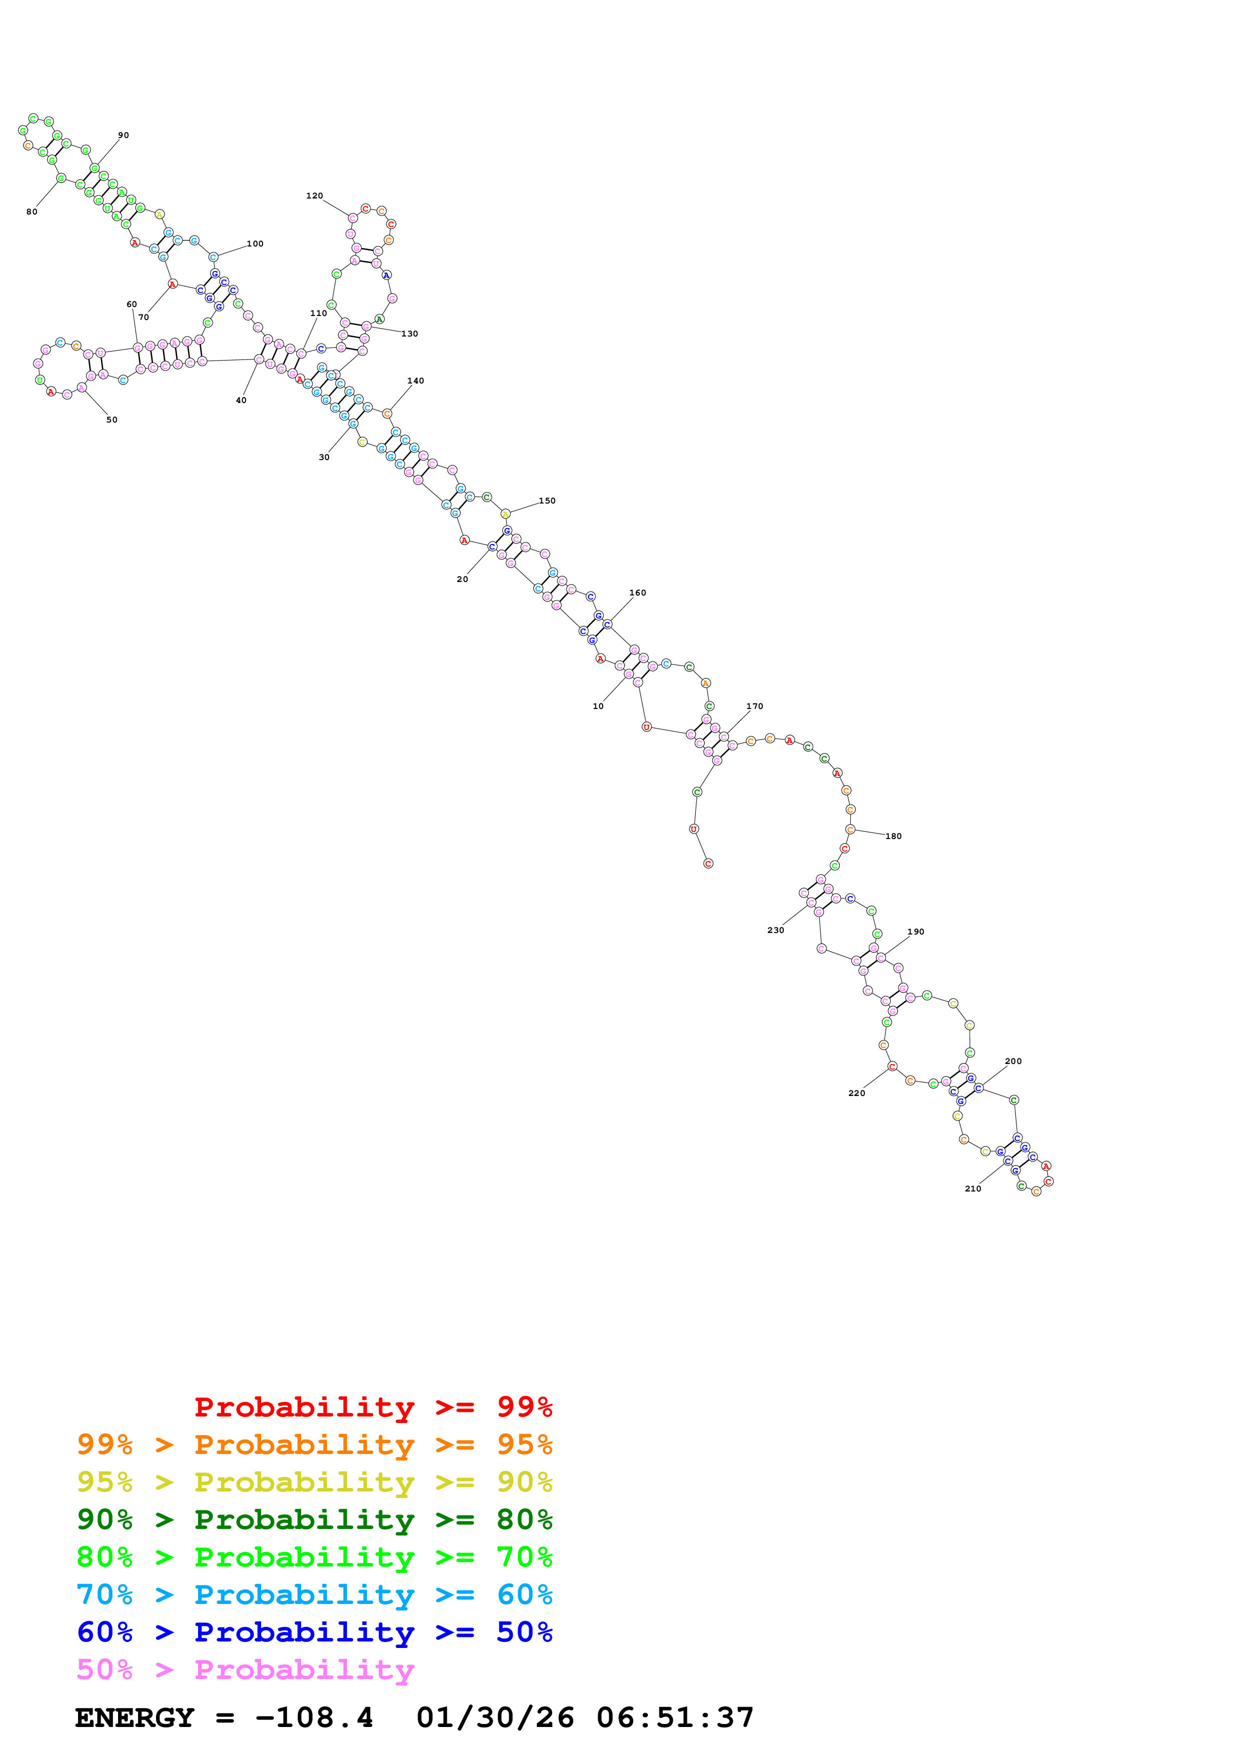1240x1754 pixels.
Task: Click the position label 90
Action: [x=123, y=135]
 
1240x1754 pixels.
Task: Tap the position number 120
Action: [x=314, y=195]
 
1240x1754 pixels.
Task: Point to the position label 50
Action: [x=112, y=419]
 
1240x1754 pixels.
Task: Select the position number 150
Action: [x=547, y=500]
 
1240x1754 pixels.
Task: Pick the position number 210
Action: [x=972, y=1188]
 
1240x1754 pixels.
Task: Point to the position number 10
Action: [x=598, y=706]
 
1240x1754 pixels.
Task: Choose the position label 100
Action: [x=255, y=243]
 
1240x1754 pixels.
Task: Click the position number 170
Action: [x=754, y=706]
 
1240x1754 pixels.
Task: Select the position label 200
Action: [x=1013, y=1061]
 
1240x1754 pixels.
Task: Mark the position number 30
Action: [x=324, y=457]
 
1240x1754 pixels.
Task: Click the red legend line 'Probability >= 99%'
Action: [x=373, y=1406]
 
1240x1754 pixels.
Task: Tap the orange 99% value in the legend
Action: [x=105, y=1444]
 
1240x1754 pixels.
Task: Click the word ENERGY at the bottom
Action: [x=135, y=1717]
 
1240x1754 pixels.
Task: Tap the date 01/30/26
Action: [x=495, y=1717]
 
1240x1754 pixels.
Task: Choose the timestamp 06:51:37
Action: [x=675, y=1717]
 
